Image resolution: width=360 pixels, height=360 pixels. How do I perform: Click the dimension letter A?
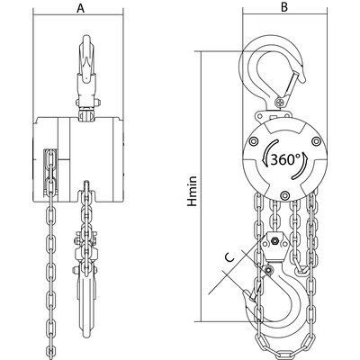coord(80,8)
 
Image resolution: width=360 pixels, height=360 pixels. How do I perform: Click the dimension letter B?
coord(284,7)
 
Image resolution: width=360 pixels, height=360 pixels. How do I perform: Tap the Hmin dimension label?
coord(193,191)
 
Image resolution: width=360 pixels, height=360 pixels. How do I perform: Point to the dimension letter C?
coord(229,257)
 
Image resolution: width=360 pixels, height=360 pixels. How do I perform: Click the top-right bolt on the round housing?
coord(315,140)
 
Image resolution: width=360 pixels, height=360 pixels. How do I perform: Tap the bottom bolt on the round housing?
coord(284,195)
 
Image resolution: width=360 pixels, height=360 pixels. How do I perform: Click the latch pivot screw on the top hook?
coord(281,102)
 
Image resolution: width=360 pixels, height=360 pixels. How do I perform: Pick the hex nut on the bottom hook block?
coord(274,240)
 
